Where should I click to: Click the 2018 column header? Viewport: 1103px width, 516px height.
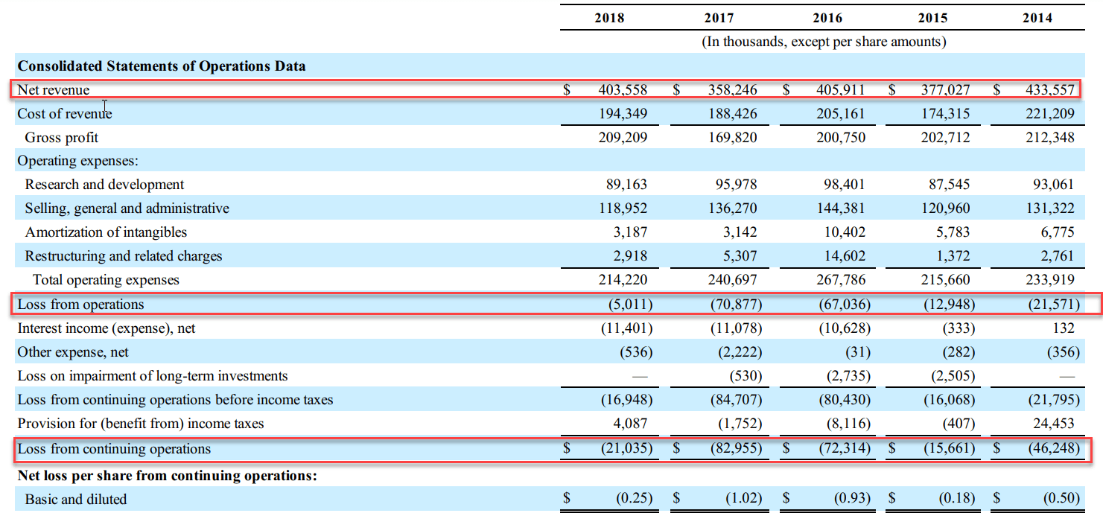pyautogui.click(x=609, y=18)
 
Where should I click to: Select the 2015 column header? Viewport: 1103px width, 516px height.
pyautogui.click(x=932, y=18)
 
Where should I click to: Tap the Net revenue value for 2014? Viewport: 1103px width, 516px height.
pyautogui.click(x=1050, y=89)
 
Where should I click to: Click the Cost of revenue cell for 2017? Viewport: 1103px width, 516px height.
pyautogui.click(x=732, y=114)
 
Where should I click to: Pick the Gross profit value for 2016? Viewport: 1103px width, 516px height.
pyautogui.click(x=841, y=137)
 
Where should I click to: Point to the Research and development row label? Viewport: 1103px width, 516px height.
pyautogui.click(x=104, y=184)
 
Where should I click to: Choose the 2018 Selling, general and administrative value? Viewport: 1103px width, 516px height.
pyautogui.click(x=623, y=208)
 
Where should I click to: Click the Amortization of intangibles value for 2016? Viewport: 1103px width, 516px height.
pyautogui.click(x=845, y=232)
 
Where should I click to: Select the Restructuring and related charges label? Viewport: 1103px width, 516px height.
pyautogui.click(x=124, y=256)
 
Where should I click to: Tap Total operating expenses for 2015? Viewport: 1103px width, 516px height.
pyautogui.click(x=945, y=280)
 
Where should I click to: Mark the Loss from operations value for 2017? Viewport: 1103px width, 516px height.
pyautogui.click(x=736, y=305)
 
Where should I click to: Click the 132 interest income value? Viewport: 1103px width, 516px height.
pyautogui.click(x=1064, y=328)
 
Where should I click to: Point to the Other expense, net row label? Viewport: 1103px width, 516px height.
pyautogui.click(x=73, y=352)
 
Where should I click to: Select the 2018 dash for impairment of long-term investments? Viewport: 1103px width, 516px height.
pyautogui.click(x=640, y=377)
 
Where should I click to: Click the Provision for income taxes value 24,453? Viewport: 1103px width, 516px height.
pyautogui.click(x=1054, y=424)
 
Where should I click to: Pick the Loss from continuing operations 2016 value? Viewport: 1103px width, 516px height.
pyautogui.click(x=845, y=448)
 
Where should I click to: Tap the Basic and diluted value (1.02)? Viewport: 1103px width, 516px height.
pyautogui.click(x=743, y=498)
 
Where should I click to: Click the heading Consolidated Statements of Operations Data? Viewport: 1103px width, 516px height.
pyautogui.click(x=162, y=66)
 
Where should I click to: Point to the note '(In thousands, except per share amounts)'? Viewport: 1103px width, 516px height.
pyautogui.click(x=824, y=42)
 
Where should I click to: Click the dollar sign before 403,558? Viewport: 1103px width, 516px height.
pyautogui.click(x=567, y=89)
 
